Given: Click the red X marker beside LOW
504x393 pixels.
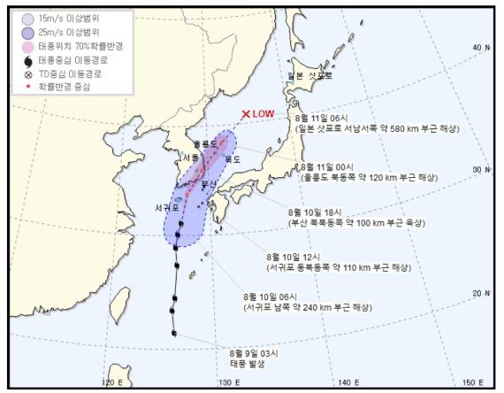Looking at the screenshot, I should tap(247, 113).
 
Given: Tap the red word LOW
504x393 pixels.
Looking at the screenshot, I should tap(263, 113).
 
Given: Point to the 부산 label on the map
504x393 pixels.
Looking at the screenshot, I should tap(210, 183).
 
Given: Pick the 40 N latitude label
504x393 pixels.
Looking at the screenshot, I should tap(481, 48).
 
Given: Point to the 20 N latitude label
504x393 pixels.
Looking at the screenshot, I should tap(481, 293).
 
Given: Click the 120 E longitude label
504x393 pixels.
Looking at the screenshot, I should tap(112, 382).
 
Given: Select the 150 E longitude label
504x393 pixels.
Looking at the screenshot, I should tap(473, 382).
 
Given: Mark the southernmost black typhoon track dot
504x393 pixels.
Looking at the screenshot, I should tap(175, 334).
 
